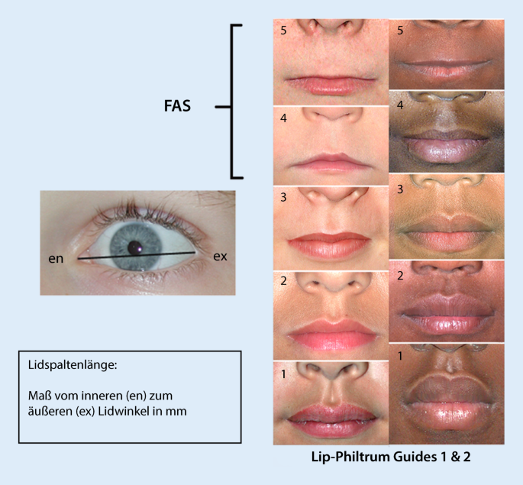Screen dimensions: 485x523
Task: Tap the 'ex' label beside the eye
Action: coord(219,257)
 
